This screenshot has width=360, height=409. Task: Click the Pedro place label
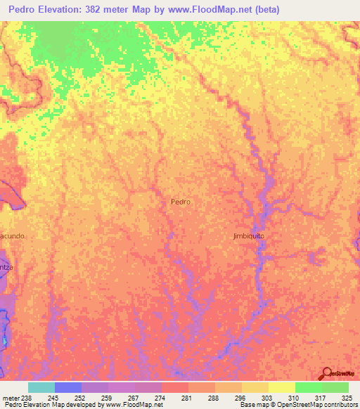181,201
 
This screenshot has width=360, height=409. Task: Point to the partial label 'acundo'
13,236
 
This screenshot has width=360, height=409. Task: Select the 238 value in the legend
27,397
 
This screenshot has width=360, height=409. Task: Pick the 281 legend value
186,397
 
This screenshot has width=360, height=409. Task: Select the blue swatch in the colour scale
67,387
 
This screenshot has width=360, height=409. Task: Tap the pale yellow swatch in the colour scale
281,387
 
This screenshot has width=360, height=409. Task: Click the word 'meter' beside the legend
10,397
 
